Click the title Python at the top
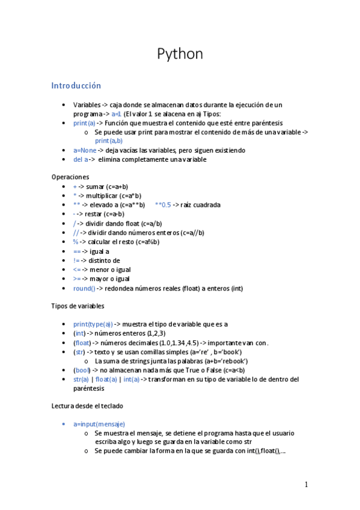pyautogui.click(x=180, y=54)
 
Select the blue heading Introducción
pyautogui.click(x=76, y=86)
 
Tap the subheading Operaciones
pyautogui.click(x=71, y=177)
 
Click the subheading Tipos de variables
pyautogui.click(x=79, y=306)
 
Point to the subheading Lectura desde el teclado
pyautogui.click(x=88, y=406)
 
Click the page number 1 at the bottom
pyautogui.click(x=306, y=485)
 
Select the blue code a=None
pyautogui.click(x=85, y=150)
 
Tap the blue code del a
pyautogui.click(x=81, y=159)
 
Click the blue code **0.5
pyautogui.click(x=163, y=204)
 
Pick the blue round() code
pyautogui.click(x=84, y=288)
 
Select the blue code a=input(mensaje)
pyautogui.click(x=99, y=424)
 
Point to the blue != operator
pyautogui.click(x=76, y=260)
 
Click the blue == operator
pyautogui.click(x=76, y=251)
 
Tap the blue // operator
pyautogui.click(x=76, y=233)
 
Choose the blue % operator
pyautogui.click(x=76, y=242)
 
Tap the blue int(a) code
pyautogui.click(x=131, y=379)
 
